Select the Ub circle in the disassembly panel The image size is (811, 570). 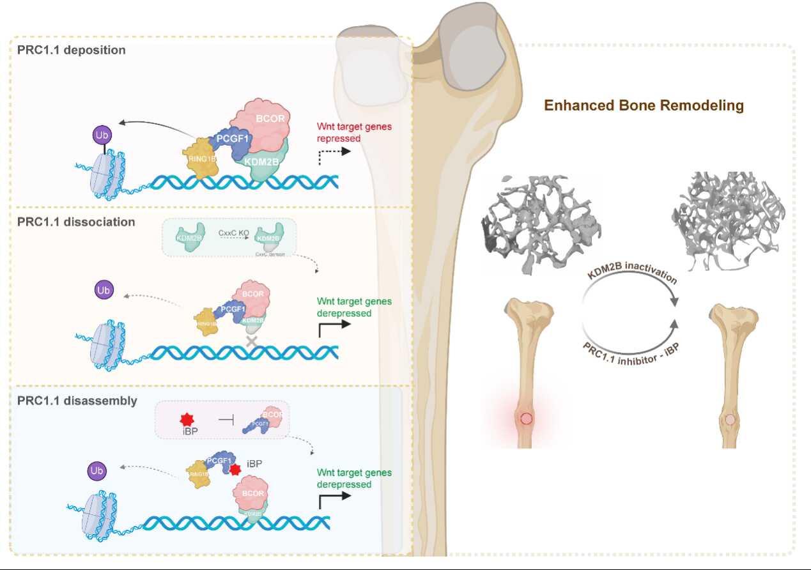[x=97, y=472]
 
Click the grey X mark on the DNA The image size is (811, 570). [x=251, y=343]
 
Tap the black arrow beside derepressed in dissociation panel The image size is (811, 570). [x=333, y=327]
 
